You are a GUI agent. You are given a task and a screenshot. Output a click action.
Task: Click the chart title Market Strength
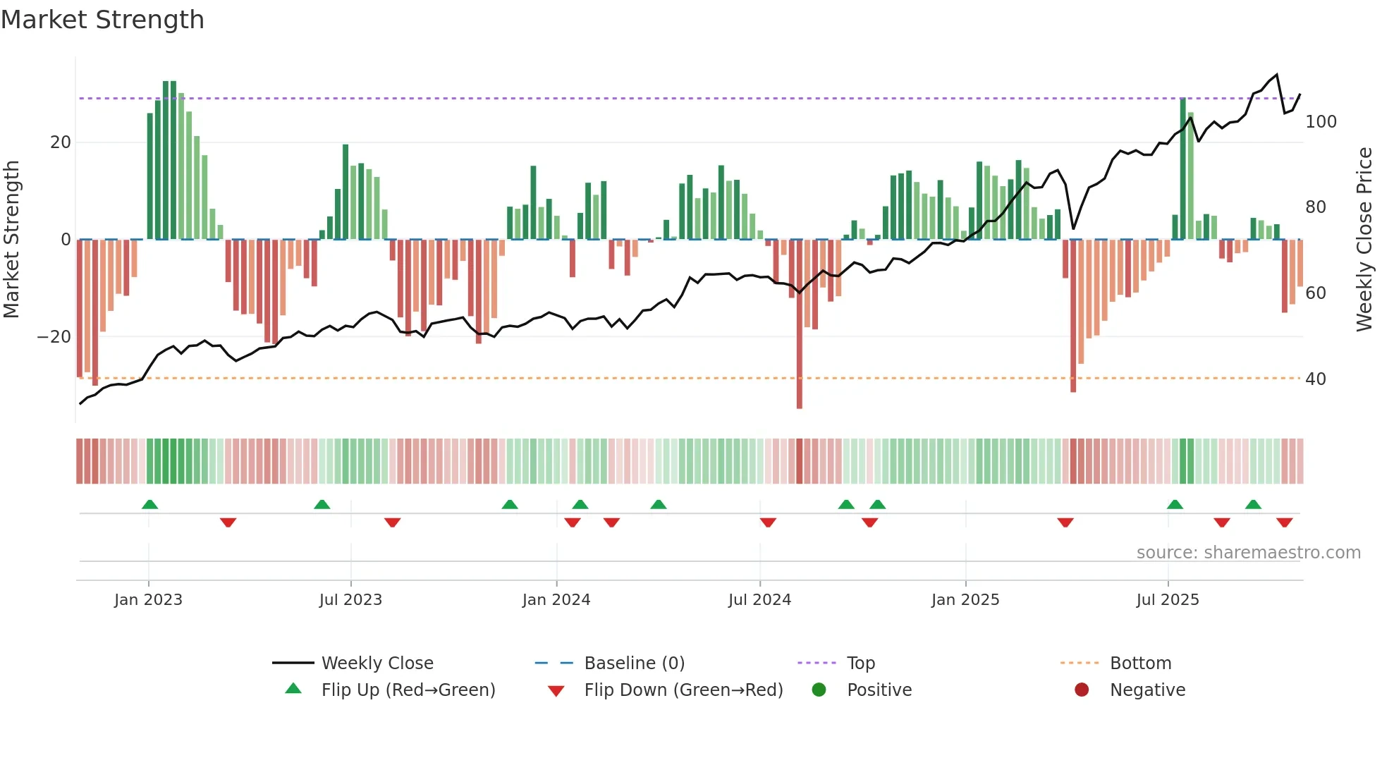[102, 20]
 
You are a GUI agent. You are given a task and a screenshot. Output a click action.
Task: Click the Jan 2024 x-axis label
[556, 600]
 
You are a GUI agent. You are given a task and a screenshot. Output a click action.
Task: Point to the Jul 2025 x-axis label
[1167, 600]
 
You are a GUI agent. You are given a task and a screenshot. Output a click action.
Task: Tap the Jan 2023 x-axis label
[148, 600]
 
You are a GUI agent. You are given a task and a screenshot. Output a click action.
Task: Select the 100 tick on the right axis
[1321, 122]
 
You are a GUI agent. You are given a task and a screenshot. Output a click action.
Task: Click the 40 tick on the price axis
[1315, 379]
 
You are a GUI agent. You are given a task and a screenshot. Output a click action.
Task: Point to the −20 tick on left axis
[54, 337]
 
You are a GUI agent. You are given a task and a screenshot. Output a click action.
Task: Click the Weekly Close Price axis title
[1364, 240]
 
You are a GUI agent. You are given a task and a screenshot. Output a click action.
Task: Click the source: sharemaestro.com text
[1248, 553]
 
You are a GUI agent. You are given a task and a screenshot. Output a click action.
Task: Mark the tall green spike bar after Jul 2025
[1182, 169]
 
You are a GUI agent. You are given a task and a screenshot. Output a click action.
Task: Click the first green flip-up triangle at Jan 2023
[149, 504]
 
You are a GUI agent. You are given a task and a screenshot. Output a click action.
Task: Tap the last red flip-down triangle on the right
[1284, 522]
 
